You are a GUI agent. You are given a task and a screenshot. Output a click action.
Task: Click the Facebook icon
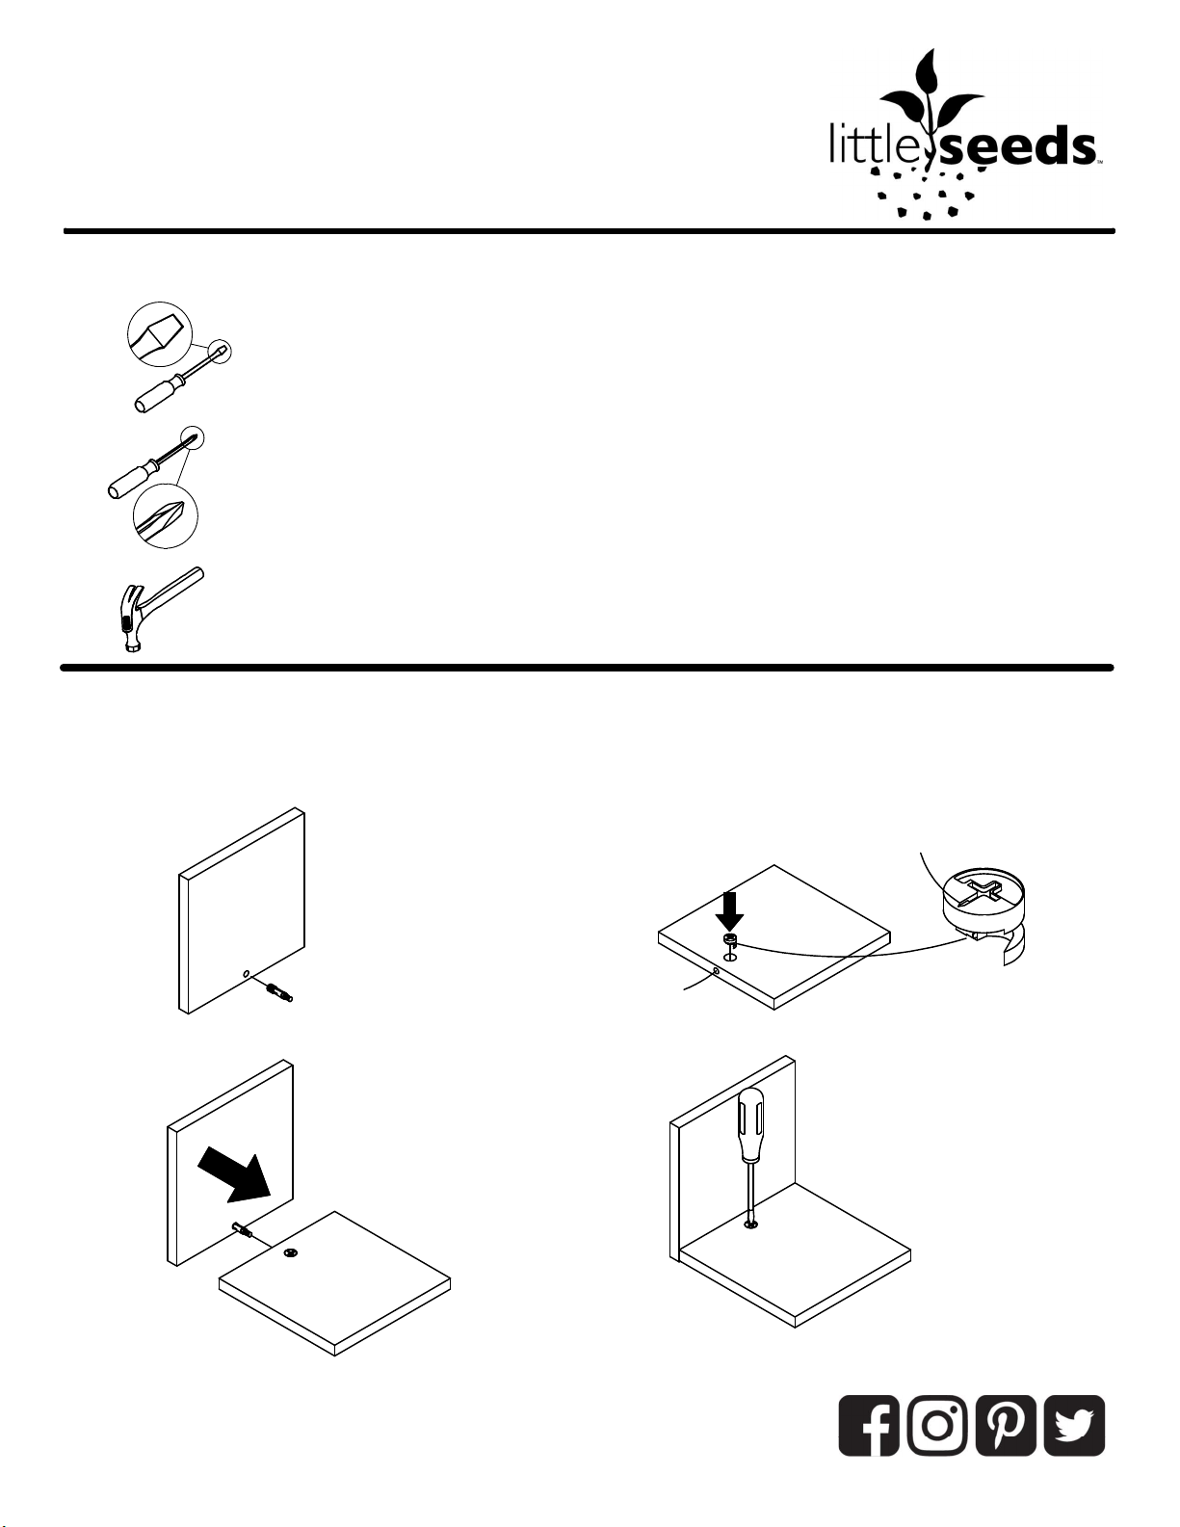868,1425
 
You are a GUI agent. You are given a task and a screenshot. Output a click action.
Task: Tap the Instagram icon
937,1425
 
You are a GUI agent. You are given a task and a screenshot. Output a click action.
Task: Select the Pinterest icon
1006,1425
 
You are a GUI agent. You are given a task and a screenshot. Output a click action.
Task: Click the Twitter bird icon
1074,1425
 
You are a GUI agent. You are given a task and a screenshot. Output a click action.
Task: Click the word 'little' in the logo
866,145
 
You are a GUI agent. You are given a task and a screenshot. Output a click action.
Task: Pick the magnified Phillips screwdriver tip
165,517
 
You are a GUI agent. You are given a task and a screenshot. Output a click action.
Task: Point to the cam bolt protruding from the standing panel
242,1230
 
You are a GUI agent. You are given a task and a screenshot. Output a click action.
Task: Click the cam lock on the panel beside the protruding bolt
290,1254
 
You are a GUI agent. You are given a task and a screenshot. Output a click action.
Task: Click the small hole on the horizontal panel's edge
716,972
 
